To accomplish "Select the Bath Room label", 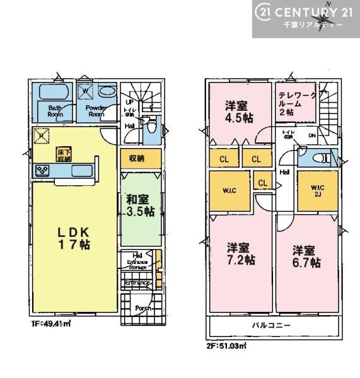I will tap(55, 111).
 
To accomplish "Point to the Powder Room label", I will tap(95, 111).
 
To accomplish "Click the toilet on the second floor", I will tap(319, 157).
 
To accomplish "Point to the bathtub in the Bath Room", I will tap(55, 93).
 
